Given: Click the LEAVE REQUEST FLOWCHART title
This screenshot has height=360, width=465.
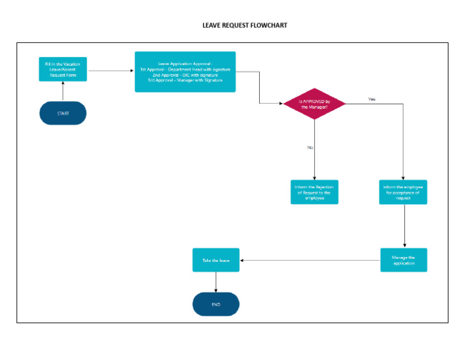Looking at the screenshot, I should (x=245, y=26).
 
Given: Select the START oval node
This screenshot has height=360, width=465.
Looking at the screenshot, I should (x=63, y=113).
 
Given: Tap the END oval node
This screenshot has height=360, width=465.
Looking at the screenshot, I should (x=216, y=304).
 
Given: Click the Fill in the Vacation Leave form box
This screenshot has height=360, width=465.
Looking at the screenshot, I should (x=63, y=70).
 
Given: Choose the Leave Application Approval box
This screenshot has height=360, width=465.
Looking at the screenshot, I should (x=185, y=72).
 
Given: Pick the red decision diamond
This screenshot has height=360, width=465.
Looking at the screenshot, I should (x=314, y=104).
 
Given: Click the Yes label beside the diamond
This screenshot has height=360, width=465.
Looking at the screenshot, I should (x=372, y=99).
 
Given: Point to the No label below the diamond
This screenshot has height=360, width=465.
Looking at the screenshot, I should (x=310, y=147).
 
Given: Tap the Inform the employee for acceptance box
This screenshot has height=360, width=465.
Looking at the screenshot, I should (x=403, y=192).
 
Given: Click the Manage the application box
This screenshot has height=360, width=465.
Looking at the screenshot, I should (x=403, y=260).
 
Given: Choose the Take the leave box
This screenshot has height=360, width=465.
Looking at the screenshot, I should (x=216, y=260).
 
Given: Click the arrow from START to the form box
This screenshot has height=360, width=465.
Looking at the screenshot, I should (x=63, y=92).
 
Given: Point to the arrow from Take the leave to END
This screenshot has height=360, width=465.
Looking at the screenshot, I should (x=216, y=282).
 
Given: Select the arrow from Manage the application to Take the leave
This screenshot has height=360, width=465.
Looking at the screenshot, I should (x=309, y=261).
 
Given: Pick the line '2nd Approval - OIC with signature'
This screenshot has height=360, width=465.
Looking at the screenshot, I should (x=185, y=75).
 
